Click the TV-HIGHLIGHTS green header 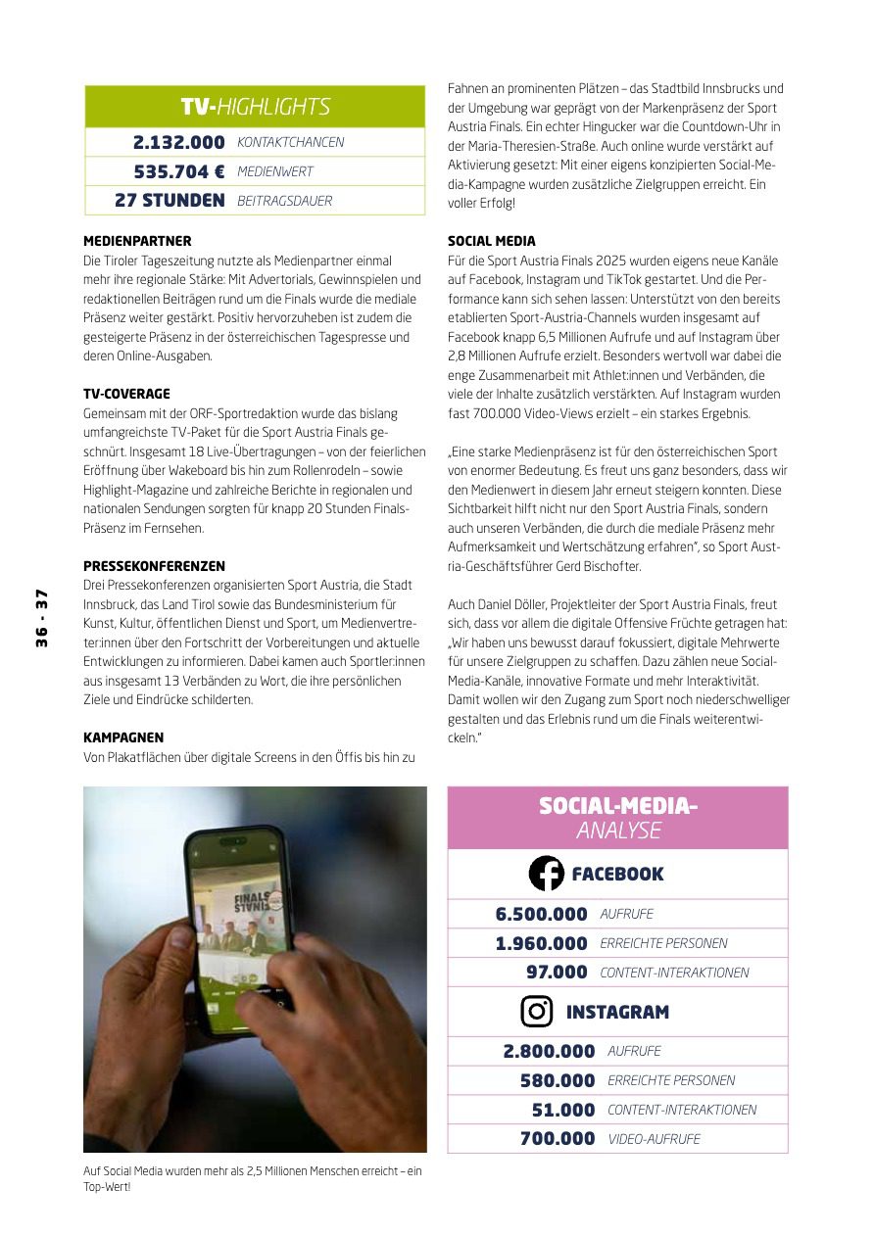[255, 107]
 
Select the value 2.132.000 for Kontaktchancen [179, 143]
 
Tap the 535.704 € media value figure [179, 172]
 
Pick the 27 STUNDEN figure [170, 201]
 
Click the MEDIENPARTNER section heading [137, 241]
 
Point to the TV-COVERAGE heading [126, 394]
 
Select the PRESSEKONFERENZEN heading [154, 566]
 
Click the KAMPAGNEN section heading [123, 737]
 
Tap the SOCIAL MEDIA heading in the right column [492, 241]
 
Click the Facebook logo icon [546, 874]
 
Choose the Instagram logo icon [537, 1011]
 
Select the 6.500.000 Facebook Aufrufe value [541, 914]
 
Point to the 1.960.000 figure [541, 943]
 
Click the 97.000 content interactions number [557, 973]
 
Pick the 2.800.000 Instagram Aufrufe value [549, 1051]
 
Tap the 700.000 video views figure [558, 1139]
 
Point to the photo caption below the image [253, 1178]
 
